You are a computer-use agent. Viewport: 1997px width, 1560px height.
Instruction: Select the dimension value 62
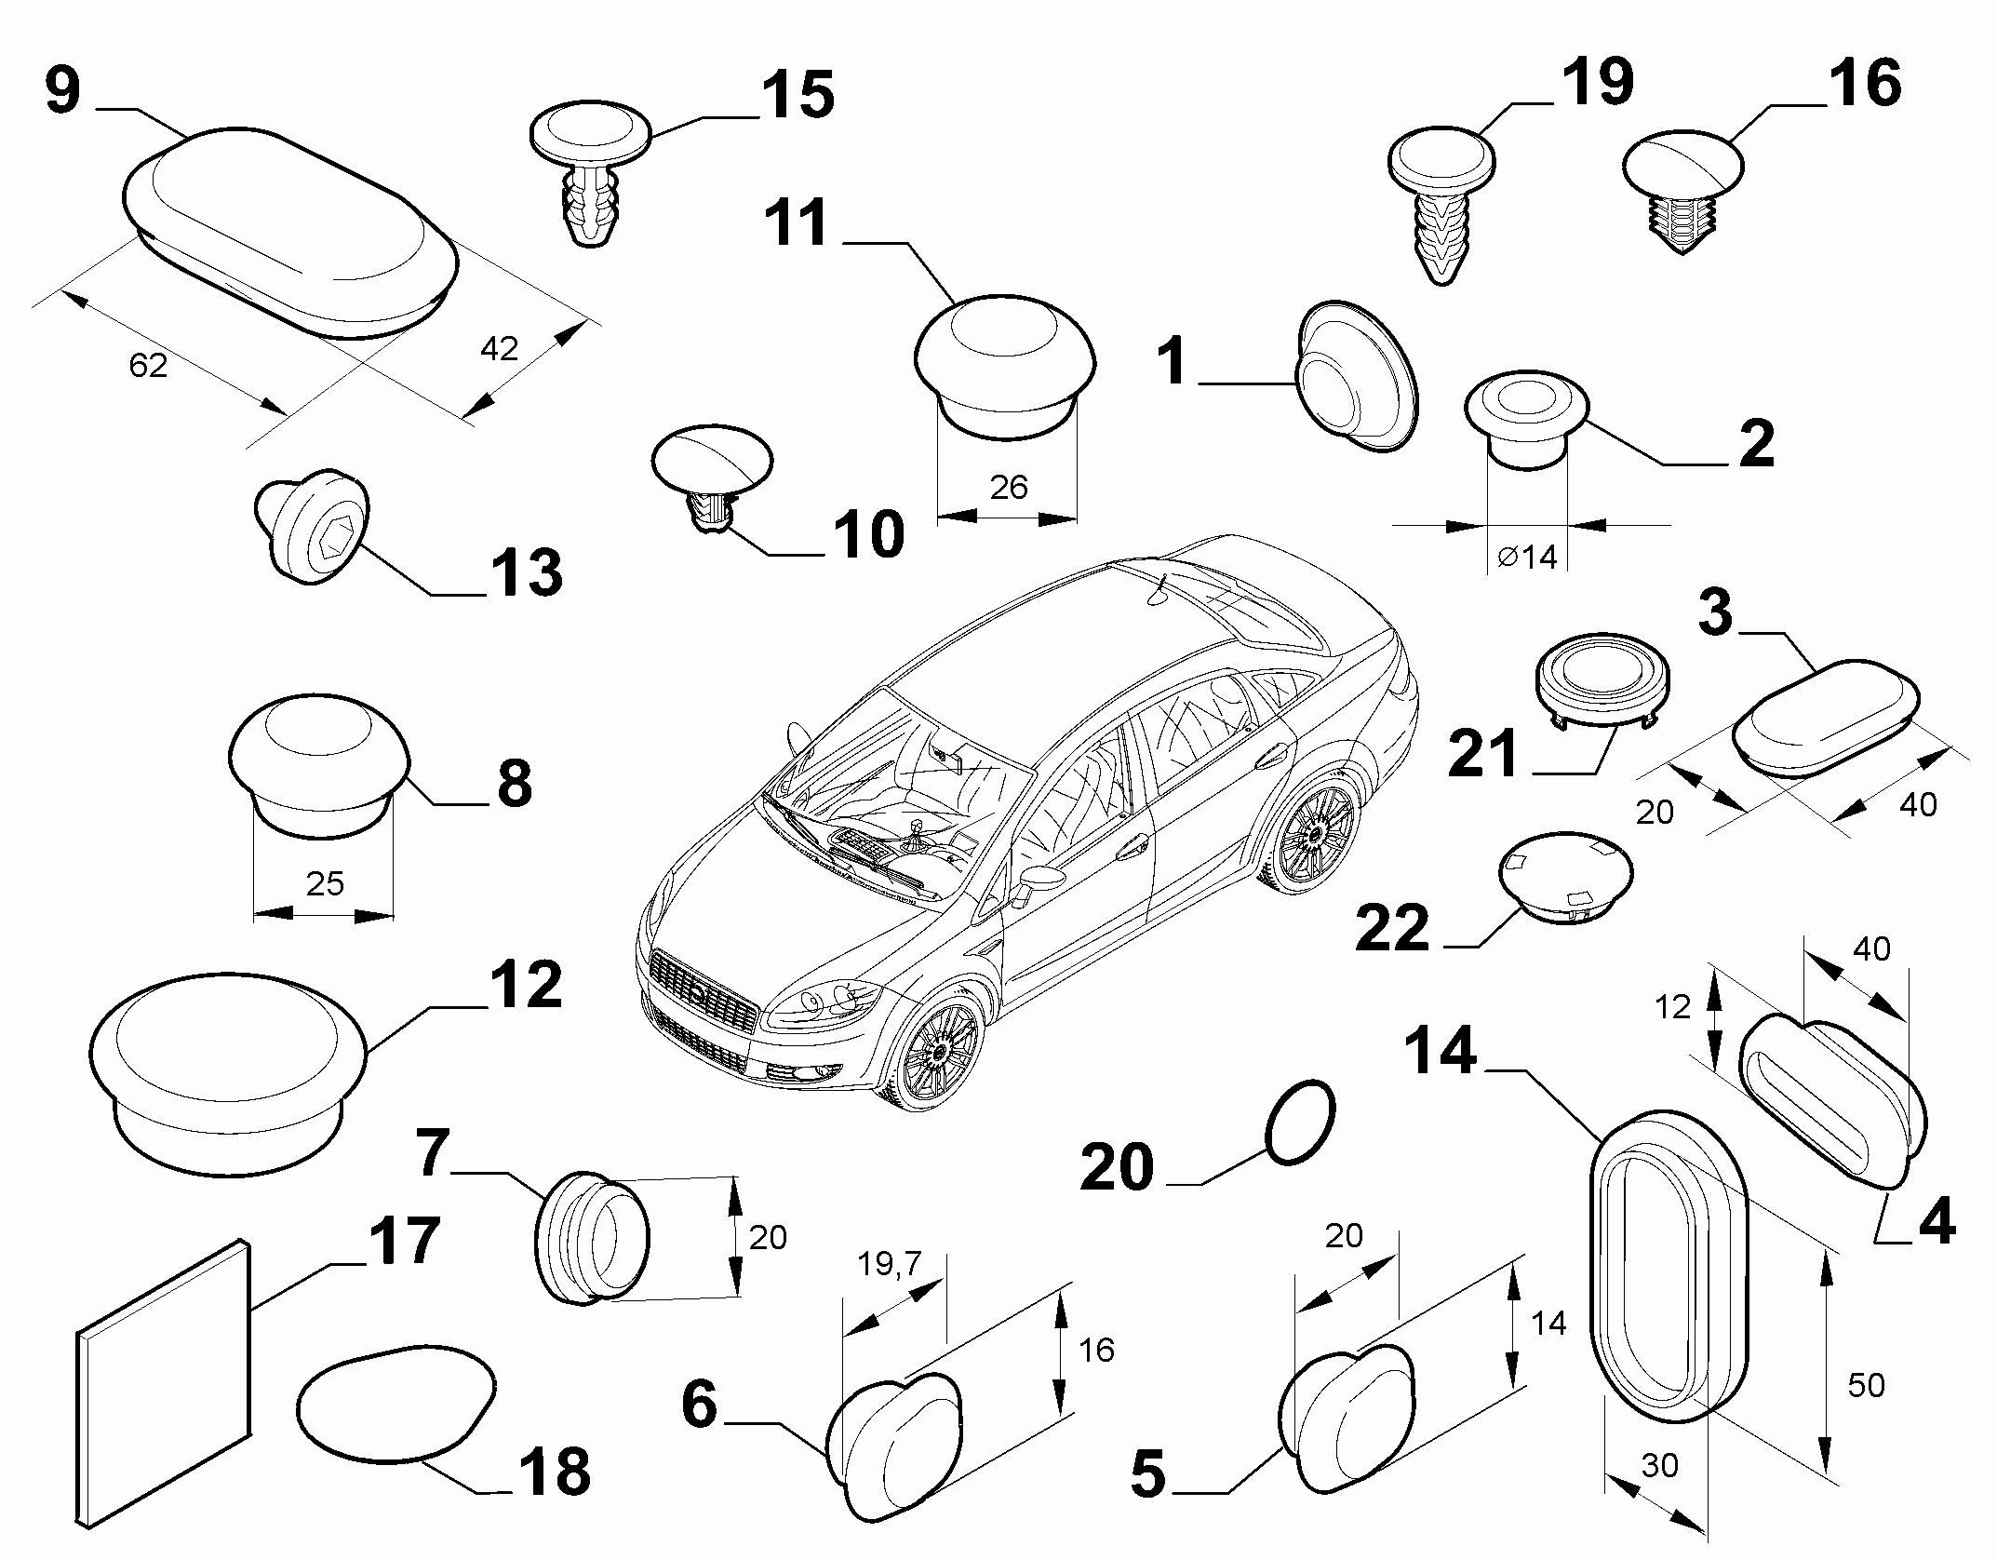coord(148,366)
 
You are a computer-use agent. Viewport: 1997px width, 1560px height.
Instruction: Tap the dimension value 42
coord(499,348)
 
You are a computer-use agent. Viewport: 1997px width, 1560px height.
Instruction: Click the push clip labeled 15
coord(591,175)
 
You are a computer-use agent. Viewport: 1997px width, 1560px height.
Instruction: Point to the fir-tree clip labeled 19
coord(1441,207)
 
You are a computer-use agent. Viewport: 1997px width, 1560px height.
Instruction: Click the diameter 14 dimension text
coord(1527,557)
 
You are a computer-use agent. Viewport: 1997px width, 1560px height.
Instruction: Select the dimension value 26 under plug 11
coord(1009,486)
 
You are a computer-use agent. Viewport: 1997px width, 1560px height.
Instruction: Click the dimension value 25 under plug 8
coord(325,882)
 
